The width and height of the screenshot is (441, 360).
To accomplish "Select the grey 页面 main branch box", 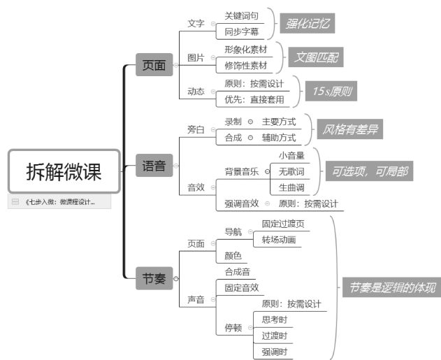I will coord(154,66).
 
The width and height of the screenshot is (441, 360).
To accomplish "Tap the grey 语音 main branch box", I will coord(154,166).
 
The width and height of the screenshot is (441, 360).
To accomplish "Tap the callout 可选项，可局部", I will coord(367,170).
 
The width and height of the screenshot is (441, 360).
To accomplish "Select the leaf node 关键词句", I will coord(241,15).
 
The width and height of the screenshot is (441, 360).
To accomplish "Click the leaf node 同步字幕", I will coord(241,31).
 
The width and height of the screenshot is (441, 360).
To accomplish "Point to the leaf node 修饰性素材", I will coord(245,66).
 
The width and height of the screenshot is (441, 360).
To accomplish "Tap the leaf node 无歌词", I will coord(291,171).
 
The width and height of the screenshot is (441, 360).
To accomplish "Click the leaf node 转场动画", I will coord(279,240).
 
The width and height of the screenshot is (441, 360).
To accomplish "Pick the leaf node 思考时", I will coord(274,319).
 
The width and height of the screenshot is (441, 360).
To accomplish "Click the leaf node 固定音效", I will coord(242,287).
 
